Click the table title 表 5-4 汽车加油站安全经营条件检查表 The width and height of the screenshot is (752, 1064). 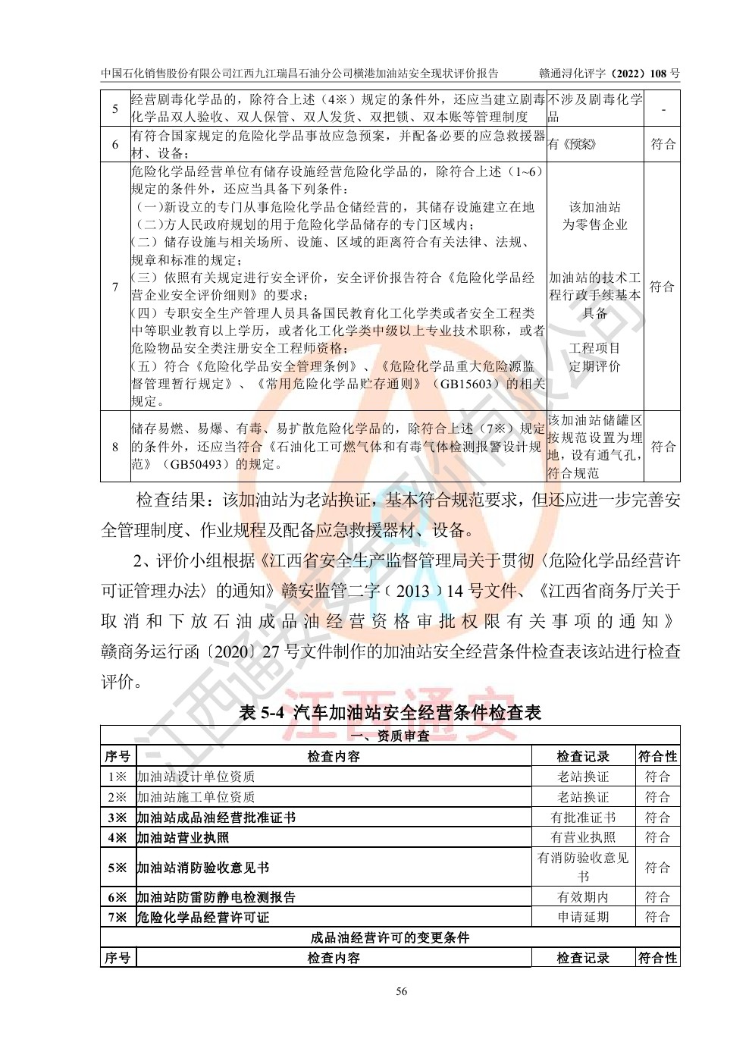pyautogui.click(x=390, y=712)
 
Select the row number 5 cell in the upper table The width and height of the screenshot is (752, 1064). pyautogui.click(x=115, y=108)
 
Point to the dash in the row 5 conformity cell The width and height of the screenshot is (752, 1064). pyautogui.click(x=663, y=108)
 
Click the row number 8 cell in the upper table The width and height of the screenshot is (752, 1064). pyautogui.click(x=115, y=447)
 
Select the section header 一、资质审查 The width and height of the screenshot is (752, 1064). pyautogui.click(x=391, y=736)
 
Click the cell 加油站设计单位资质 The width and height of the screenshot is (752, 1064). pyautogui.click(x=196, y=777)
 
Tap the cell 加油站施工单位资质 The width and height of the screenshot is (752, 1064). pyautogui.click(x=196, y=797)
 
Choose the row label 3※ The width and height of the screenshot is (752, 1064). pyautogui.click(x=117, y=818)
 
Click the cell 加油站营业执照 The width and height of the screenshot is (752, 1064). pyautogui.click(x=183, y=838)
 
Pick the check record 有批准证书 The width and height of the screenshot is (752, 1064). pyautogui.click(x=583, y=818)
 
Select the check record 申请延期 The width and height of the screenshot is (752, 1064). pyautogui.click(x=583, y=917)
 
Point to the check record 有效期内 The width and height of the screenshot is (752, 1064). pyautogui.click(x=583, y=897)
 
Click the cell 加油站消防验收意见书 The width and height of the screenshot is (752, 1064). pyautogui.click(x=203, y=868)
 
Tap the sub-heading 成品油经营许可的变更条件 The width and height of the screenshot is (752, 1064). pyautogui.click(x=390, y=937)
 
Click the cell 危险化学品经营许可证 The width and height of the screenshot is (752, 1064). pyautogui.click(x=203, y=917)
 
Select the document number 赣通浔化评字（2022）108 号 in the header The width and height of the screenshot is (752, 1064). pyautogui.click(x=609, y=73)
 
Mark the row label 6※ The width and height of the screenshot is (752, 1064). pyautogui.click(x=117, y=897)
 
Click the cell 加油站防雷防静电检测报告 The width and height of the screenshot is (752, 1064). pyautogui.click(x=216, y=897)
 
